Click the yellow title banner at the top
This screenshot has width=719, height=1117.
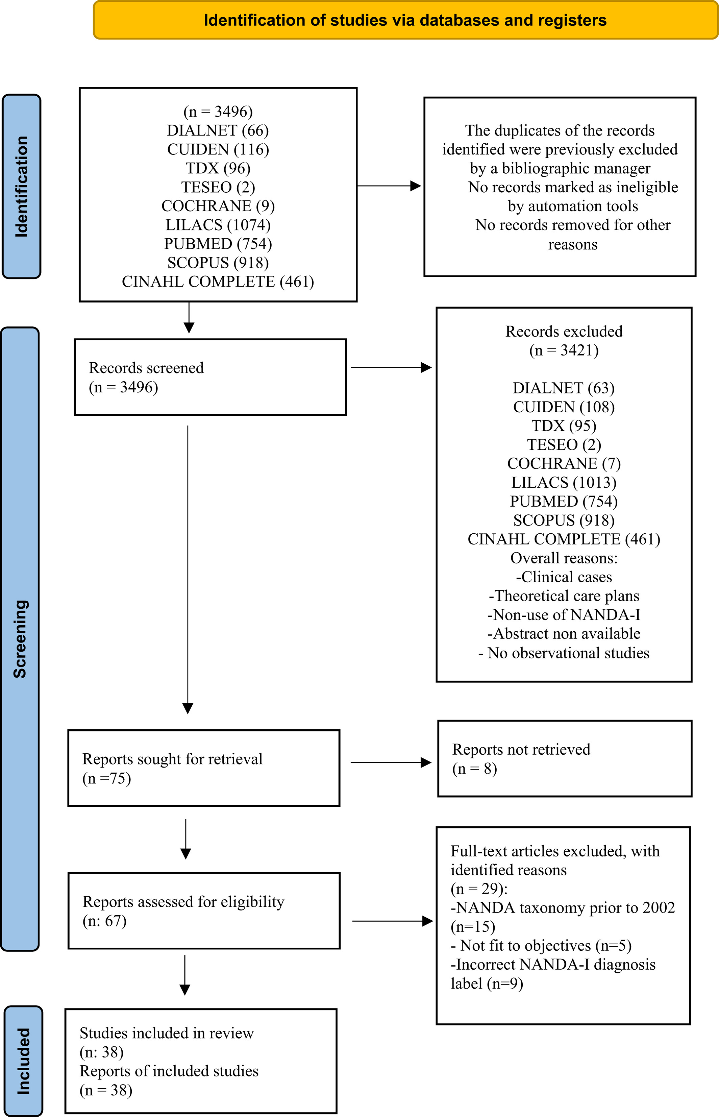pos(405,20)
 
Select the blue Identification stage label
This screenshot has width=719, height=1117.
pos(22,186)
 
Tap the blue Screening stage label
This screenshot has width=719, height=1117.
pos(20,639)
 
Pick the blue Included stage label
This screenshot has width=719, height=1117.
pos(23,1061)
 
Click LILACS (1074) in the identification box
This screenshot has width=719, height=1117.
pos(218,225)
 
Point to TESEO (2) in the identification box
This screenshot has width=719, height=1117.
pos(218,187)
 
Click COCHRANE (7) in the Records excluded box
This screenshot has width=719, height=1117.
pos(564,463)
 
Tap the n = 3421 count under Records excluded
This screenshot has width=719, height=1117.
pos(564,350)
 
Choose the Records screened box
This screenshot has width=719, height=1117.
pos(210,377)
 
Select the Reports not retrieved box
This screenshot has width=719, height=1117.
pos(565,758)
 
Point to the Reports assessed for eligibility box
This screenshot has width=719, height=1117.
pos(204,910)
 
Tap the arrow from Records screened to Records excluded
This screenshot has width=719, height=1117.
pos(391,367)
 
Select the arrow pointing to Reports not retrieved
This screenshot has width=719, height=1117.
pos(391,762)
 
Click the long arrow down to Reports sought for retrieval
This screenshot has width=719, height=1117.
pos(188,570)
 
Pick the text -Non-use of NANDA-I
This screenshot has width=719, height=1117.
pos(564,614)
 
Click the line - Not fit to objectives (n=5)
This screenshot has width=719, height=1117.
pos(541,946)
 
